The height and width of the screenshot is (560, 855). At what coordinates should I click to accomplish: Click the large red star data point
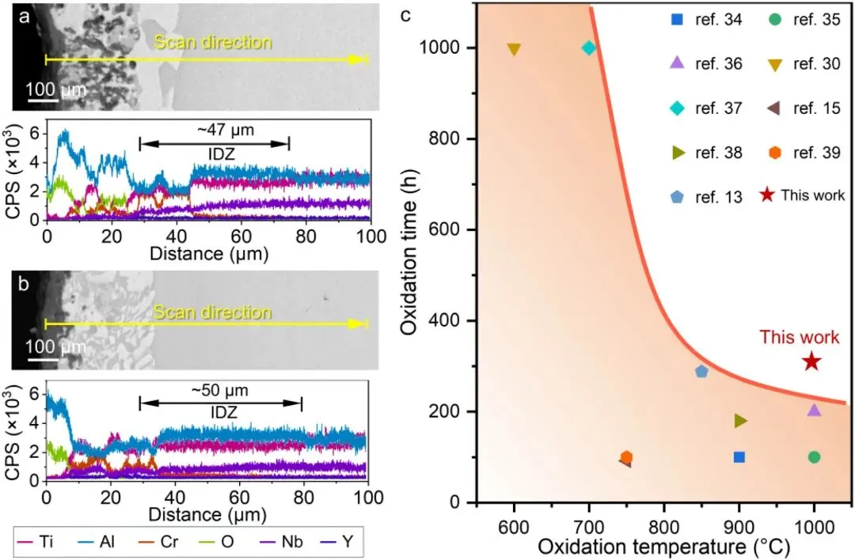(x=811, y=361)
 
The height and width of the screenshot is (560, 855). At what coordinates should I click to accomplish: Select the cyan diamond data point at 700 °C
(x=588, y=47)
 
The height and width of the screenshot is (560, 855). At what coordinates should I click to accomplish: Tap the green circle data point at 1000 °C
(x=814, y=457)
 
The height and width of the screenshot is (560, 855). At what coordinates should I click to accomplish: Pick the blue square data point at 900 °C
(x=739, y=457)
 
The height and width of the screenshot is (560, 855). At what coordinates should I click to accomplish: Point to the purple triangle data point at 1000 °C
(x=814, y=410)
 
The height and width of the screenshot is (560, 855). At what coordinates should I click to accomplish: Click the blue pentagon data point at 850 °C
(x=701, y=371)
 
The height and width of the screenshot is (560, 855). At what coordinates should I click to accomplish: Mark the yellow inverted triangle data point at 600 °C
(x=514, y=49)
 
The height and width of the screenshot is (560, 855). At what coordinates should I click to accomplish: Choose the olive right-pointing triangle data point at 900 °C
(x=740, y=421)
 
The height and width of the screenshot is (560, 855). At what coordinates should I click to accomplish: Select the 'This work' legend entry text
(x=813, y=195)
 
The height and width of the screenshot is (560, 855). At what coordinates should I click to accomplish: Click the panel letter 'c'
(x=406, y=14)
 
